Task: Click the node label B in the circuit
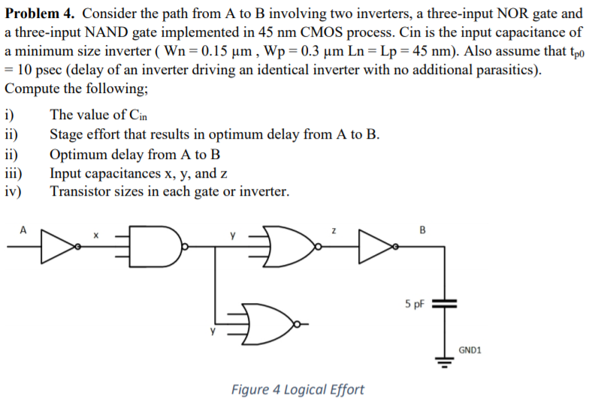pyautogui.click(x=422, y=230)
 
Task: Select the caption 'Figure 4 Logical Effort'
pyautogui.click(x=297, y=389)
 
